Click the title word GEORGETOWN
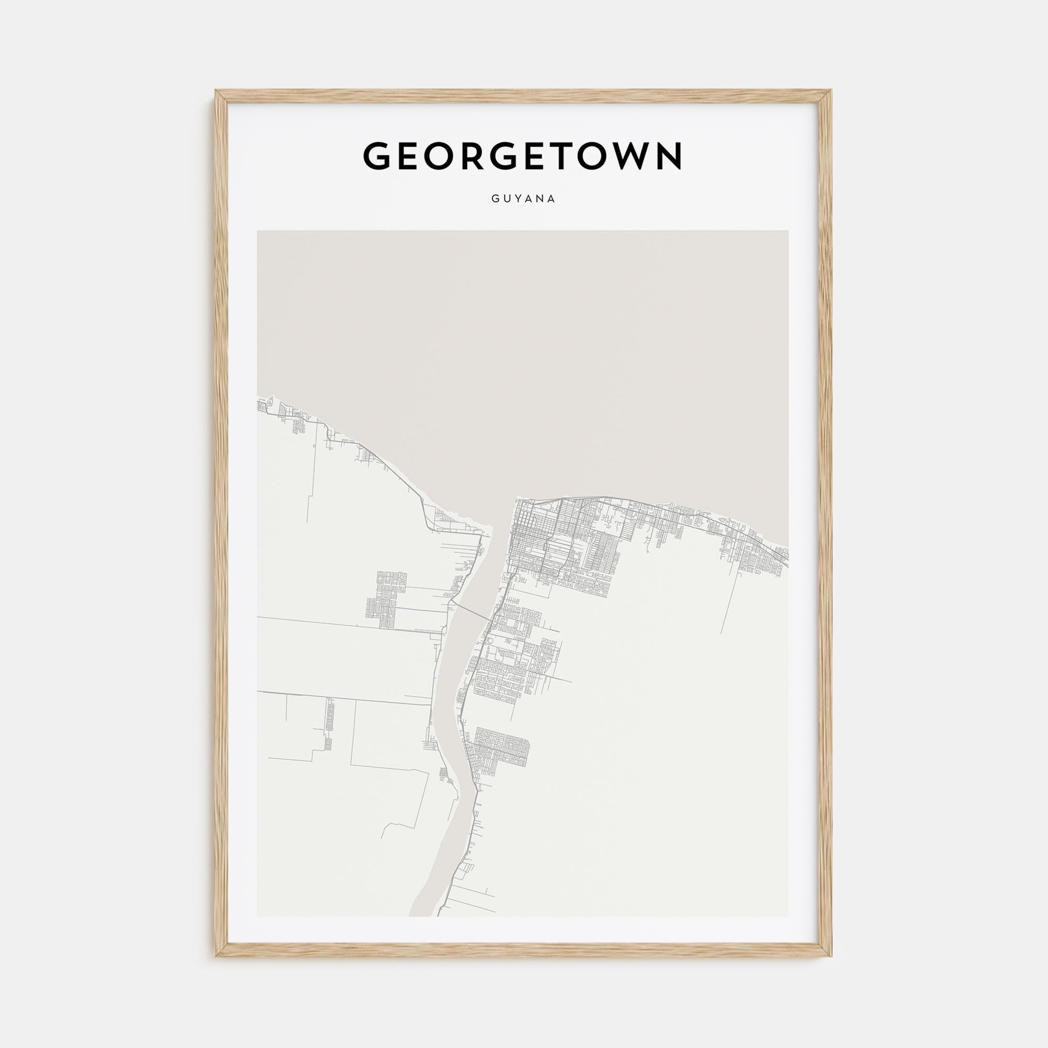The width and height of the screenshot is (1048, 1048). tap(523, 156)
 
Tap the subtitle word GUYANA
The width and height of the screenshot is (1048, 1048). tap(523, 199)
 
